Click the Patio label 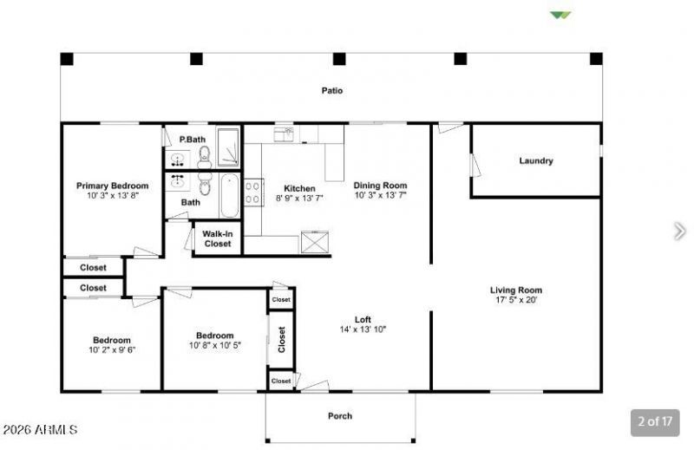tap(332, 90)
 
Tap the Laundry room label tap(536, 160)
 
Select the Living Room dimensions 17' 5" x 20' tap(516, 300)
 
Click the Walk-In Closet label tap(218, 239)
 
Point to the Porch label tap(340, 416)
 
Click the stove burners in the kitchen tap(253, 192)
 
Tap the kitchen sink tap(284, 134)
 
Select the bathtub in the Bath tap(230, 196)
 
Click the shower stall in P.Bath tap(228, 147)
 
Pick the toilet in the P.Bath tap(204, 157)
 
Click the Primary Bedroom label tap(113, 186)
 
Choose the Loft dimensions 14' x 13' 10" tap(363, 329)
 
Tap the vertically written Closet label tap(281, 340)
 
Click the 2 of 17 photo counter tap(655, 421)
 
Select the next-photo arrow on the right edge tap(679, 231)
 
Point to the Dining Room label tap(380, 186)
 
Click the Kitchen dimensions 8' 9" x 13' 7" tap(299, 199)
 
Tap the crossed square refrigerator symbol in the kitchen tap(315, 242)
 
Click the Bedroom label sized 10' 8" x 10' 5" tap(214, 336)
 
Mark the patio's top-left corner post tap(67, 59)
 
